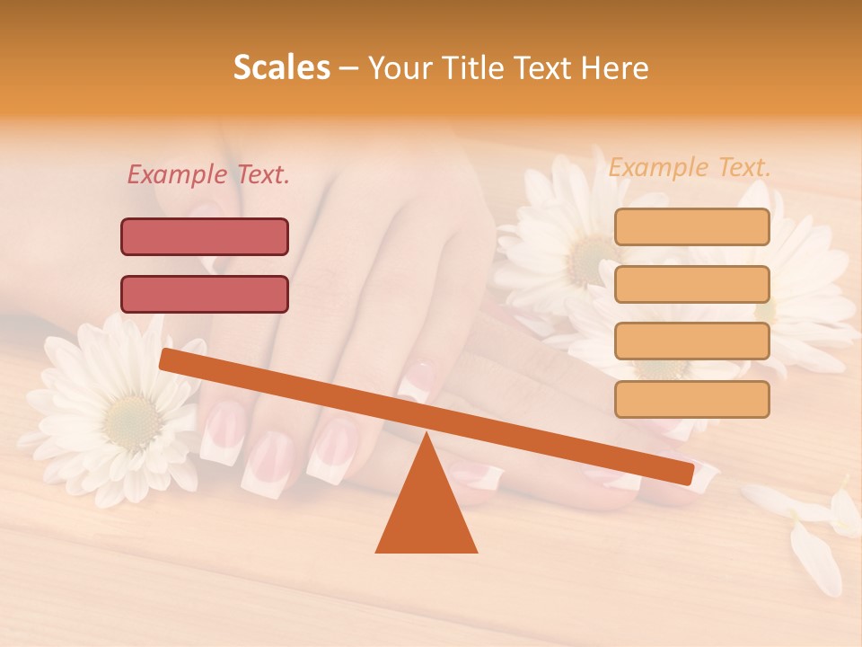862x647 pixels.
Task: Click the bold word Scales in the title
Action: [281, 67]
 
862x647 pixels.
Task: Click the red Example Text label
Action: [208, 174]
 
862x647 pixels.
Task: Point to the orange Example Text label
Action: [690, 167]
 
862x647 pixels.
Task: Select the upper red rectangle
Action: [205, 236]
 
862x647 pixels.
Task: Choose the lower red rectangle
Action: [205, 294]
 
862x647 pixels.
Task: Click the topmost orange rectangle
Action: [691, 226]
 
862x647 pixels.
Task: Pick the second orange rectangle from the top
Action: [691, 284]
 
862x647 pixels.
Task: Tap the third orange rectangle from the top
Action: [691, 341]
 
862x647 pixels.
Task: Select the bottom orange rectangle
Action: [691, 399]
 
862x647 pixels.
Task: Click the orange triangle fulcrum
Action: [427, 512]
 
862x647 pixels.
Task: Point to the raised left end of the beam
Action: [167, 359]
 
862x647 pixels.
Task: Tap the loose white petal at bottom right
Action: [813, 557]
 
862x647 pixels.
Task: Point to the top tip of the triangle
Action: [427, 435]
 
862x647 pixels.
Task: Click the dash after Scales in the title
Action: [348, 68]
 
